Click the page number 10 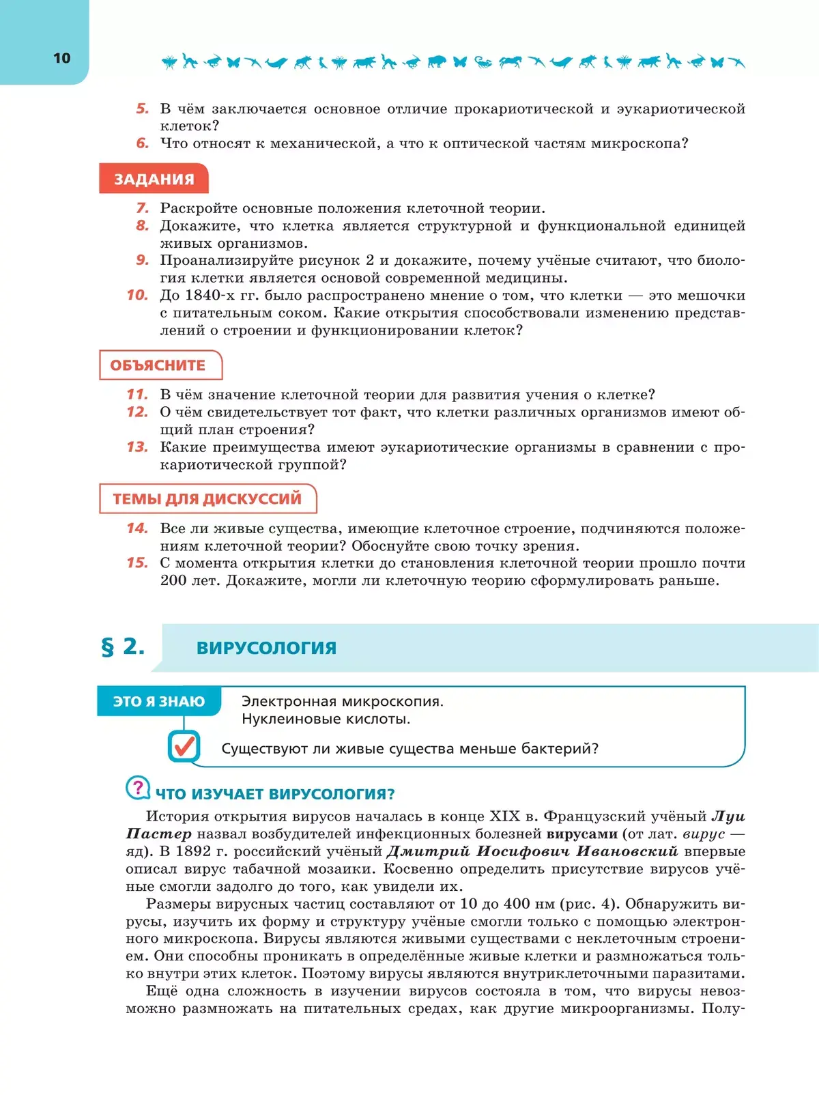(x=61, y=58)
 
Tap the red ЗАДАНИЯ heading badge (x=154, y=179)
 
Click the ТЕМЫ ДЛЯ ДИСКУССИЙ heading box (x=207, y=498)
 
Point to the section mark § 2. (x=123, y=646)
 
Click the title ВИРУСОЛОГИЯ (x=266, y=648)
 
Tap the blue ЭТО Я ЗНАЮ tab (x=158, y=701)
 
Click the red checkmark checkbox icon (x=184, y=746)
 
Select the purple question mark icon (x=138, y=788)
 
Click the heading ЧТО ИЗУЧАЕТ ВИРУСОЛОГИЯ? (x=275, y=794)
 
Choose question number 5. (x=142, y=109)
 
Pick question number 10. (x=137, y=295)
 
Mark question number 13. (x=137, y=446)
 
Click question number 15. (x=137, y=563)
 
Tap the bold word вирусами (x=581, y=834)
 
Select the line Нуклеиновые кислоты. (x=326, y=719)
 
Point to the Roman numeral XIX (x=505, y=816)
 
